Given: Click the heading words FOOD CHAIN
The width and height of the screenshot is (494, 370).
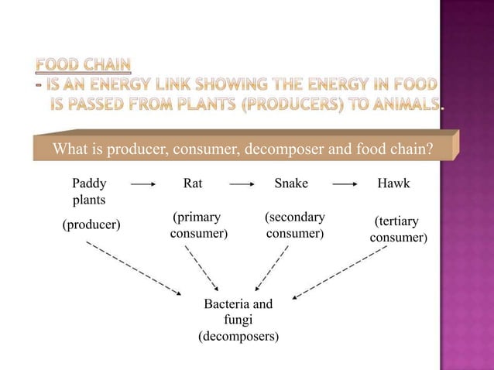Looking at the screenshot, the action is pos(83,63).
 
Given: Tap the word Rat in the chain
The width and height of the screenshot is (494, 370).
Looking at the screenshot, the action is pos(193,183).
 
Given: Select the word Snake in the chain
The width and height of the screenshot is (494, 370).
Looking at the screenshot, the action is pos(291,183).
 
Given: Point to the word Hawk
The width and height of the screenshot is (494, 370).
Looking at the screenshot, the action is pos(393,183).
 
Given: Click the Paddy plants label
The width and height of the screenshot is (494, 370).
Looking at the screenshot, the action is pos(89,191).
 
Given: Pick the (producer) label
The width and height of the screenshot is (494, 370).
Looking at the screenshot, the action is pos(91,224).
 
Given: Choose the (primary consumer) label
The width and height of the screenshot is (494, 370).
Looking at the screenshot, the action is pos(198,225).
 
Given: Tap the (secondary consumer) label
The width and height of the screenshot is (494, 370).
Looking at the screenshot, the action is pos(294,225).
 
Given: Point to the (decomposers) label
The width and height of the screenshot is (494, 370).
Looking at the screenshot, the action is pos(238,337).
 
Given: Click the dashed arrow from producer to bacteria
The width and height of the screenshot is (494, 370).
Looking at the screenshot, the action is pos(135,269).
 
